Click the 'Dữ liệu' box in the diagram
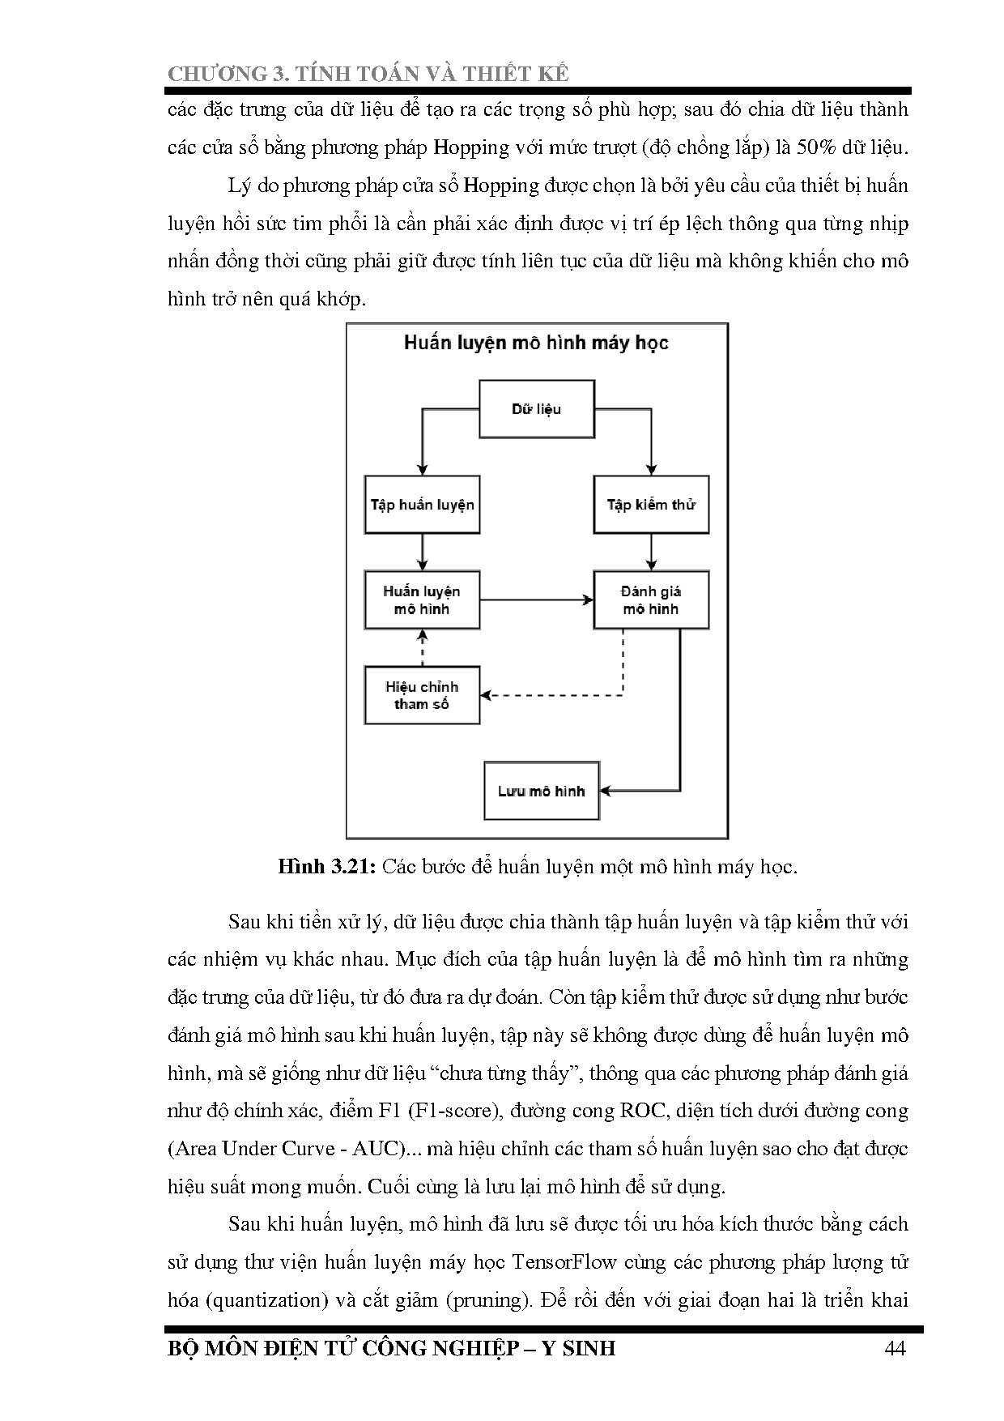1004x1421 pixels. (x=537, y=409)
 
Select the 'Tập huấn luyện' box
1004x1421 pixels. (x=422, y=506)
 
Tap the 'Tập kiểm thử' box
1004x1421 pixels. (x=651, y=506)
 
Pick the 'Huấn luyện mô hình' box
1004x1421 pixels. (x=422, y=600)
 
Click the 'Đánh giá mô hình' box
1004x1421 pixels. (x=651, y=600)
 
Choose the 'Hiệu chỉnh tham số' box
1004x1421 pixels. (x=422, y=695)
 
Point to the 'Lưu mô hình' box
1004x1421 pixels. (x=541, y=791)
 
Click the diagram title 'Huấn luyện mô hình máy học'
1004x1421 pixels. (x=536, y=343)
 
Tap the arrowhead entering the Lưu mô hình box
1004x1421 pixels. (x=606, y=791)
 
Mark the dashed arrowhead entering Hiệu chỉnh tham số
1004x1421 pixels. (x=487, y=695)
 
